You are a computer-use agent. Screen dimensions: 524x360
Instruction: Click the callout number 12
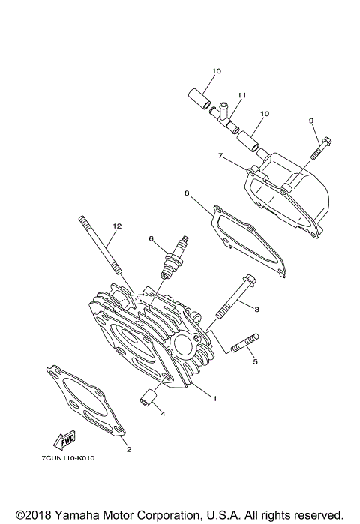116,226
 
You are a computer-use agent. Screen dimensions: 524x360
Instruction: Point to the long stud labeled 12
97,247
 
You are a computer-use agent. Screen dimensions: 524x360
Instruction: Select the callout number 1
214,398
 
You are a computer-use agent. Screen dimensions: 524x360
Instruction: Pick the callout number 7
221,155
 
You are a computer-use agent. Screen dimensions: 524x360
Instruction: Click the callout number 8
187,193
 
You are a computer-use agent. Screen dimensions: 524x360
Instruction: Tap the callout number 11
242,96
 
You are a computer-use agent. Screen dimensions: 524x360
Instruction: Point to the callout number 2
128,450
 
